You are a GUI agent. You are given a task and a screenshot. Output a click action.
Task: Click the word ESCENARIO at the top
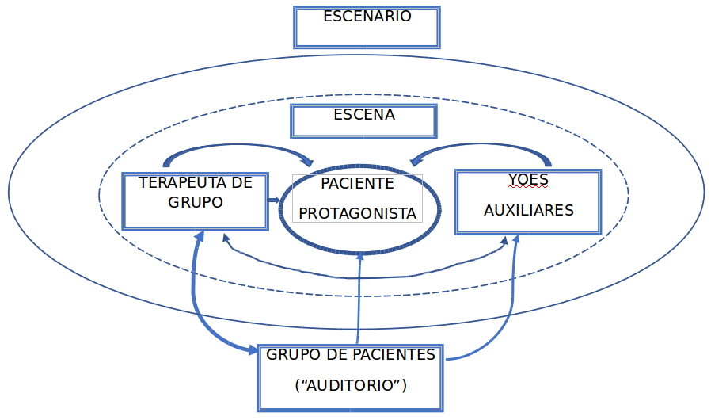coord(367,17)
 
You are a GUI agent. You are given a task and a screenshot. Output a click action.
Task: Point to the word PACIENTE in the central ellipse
coord(357,184)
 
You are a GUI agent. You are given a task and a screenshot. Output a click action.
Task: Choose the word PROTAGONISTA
coord(357,213)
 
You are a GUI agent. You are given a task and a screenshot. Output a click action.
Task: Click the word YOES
coord(527,179)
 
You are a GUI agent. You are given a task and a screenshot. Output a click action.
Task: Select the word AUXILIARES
coord(528,210)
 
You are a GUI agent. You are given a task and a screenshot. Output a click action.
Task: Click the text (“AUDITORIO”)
coord(350,386)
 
